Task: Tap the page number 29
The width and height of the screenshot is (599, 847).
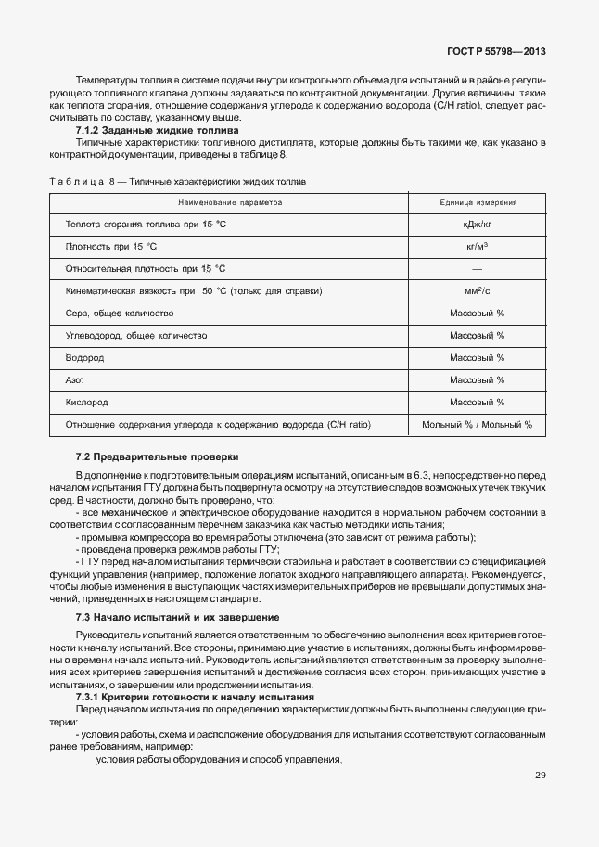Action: coord(540,776)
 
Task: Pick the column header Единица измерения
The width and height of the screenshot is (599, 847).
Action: coord(478,201)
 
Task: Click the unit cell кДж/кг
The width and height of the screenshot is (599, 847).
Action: coord(477,225)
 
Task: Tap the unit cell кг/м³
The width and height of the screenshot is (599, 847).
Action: coord(477,247)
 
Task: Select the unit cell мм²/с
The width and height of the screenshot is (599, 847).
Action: coord(477,291)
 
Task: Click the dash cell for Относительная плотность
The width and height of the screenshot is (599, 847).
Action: coord(477,269)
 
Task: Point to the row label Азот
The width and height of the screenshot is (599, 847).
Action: coord(76,380)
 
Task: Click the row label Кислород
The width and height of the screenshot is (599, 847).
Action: coord(87,403)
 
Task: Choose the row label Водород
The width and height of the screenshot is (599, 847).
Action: coord(84,358)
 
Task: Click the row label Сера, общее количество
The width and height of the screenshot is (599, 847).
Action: coord(120,314)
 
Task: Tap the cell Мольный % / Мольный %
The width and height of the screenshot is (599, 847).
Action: coord(477,425)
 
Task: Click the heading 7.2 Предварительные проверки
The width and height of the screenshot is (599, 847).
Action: coord(157,456)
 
